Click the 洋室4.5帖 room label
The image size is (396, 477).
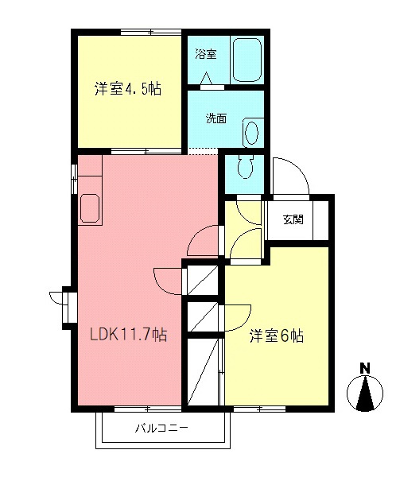coord(128,90)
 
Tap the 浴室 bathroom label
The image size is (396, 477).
coord(205,55)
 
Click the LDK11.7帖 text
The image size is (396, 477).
coord(127,335)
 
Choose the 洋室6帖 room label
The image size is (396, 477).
coord(276,335)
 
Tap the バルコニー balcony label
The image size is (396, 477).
coord(161,429)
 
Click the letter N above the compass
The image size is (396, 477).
coord(364,368)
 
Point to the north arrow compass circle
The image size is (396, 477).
coord(364,394)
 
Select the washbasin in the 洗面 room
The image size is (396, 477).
coord(251,133)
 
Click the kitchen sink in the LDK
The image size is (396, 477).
coord(90,209)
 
